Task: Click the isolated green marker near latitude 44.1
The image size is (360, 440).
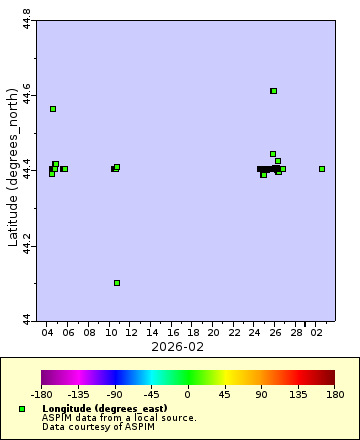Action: point(117,283)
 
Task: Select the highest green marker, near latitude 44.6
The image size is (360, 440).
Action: point(273,91)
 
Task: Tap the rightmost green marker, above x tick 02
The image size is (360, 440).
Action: point(322,169)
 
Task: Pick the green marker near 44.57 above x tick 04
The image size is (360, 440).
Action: point(53,109)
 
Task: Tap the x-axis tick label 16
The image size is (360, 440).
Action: point(172,331)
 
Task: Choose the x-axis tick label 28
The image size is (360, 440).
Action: point(297,331)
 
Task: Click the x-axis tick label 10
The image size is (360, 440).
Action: point(110,331)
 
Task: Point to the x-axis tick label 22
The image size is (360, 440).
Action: point(234,331)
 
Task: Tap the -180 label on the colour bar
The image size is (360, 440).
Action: point(42,394)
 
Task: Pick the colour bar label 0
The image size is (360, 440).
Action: point(187,394)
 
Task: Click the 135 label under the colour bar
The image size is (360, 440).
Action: point(297,394)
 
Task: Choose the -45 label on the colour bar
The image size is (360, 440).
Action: point(151,394)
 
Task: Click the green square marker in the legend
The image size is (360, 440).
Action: point(22,409)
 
